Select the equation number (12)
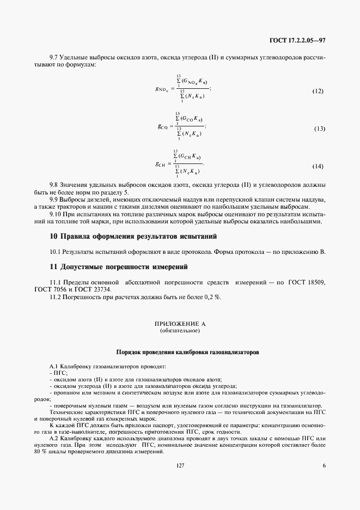(x=318, y=91)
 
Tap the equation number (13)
(x=319, y=129)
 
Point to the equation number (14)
(x=318, y=166)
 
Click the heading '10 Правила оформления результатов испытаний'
(x=133, y=236)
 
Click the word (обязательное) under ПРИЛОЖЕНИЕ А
(x=180, y=331)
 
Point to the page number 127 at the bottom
(x=180, y=464)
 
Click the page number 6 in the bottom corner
(x=324, y=464)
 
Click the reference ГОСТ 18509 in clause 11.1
(x=308, y=282)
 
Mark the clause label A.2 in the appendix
(x=54, y=439)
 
